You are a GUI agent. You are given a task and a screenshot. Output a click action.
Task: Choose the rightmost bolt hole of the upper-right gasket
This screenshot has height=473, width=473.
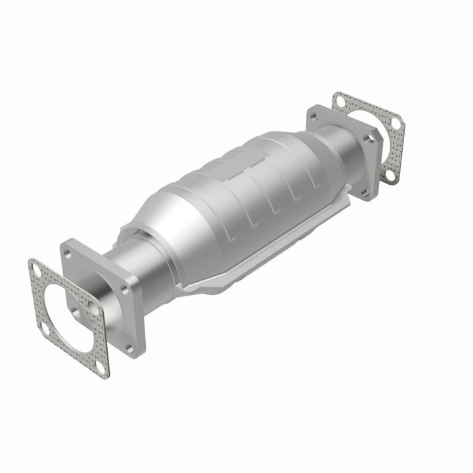[396, 124]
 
